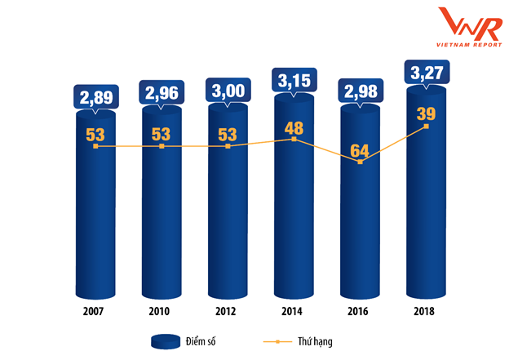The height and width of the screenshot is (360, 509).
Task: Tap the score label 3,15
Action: click(x=294, y=82)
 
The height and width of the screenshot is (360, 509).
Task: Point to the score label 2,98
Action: click(x=361, y=91)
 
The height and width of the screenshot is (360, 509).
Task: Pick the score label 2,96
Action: click(x=162, y=92)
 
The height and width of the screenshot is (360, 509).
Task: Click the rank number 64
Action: click(x=360, y=149)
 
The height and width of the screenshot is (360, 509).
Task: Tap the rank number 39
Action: click(x=426, y=113)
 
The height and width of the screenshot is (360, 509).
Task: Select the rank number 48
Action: click(x=294, y=127)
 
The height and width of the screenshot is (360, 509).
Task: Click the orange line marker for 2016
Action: click(x=360, y=162)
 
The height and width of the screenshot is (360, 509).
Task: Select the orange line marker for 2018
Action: click(x=426, y=126)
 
